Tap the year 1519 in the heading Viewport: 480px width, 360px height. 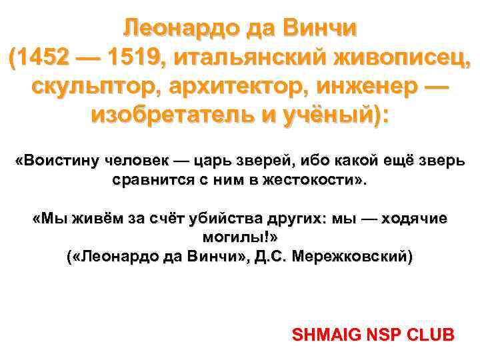pyautogui.click(x=133, y=59)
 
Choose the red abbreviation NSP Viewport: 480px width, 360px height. pyautogui.click(x=379, y=334)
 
